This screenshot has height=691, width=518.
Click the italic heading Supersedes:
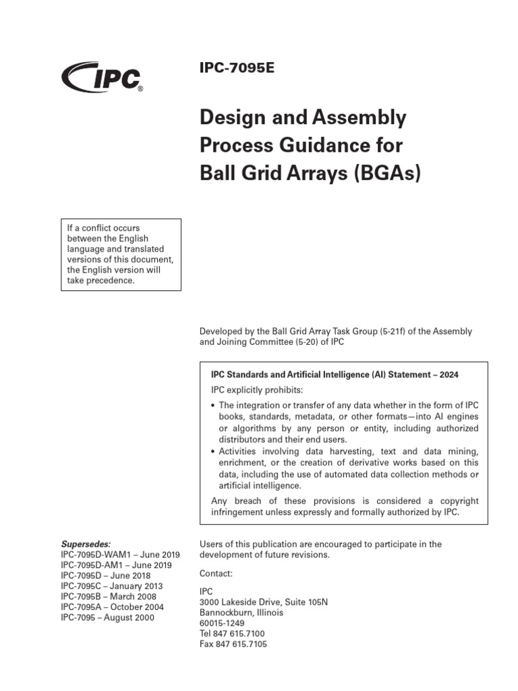(86, 544)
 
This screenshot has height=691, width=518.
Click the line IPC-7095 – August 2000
(107, 617)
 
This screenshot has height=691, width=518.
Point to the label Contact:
(216, 574)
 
